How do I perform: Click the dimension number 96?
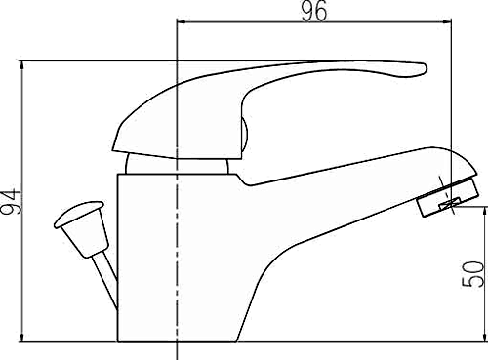(x=314, y=11)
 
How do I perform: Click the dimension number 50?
(x=472, y=274)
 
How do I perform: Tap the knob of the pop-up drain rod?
(x=82, y=227)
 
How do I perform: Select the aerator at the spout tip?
(x=448, y=196)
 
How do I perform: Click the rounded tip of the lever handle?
(x=420, y=69)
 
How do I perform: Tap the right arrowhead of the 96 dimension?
(x=447, y=21)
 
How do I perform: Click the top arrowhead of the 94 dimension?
(x=22, y=65)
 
